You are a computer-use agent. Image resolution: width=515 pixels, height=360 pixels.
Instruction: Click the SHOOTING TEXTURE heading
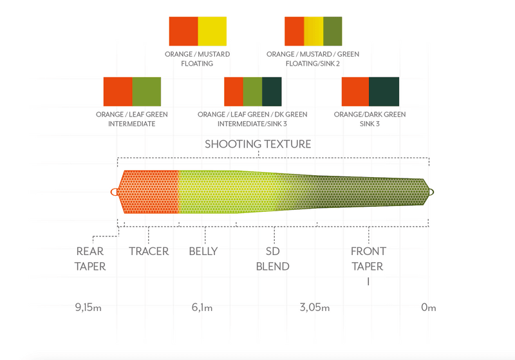pos(258,144)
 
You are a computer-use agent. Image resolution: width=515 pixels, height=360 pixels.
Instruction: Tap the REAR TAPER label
pos(90,259)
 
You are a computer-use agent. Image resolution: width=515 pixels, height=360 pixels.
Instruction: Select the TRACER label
pos(149,251)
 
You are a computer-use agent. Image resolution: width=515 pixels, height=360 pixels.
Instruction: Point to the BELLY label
pos(203,251)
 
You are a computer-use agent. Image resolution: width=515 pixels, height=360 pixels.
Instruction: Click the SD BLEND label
pos(272,259)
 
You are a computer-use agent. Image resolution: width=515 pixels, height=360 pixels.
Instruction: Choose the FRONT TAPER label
pos(368,259)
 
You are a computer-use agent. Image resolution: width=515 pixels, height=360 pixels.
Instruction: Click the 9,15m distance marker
pos(88,307)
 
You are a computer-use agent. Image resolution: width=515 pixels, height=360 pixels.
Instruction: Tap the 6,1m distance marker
pos(202,307)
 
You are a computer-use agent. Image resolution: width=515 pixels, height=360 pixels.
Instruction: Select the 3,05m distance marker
pos(315,307)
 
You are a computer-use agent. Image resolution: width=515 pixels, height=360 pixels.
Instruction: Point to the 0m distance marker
pos(429,307)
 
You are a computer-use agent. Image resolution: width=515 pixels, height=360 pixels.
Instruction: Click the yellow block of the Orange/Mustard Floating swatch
pos(212,31)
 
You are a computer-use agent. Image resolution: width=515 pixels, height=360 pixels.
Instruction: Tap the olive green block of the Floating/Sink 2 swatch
pos(333,31)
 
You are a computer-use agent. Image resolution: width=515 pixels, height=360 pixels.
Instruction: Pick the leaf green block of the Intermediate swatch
pos(147,91)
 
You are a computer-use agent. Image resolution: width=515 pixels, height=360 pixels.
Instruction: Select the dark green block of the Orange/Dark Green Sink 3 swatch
pos(384,91)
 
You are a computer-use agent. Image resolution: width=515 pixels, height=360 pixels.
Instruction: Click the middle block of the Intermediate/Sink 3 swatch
pos(252,91)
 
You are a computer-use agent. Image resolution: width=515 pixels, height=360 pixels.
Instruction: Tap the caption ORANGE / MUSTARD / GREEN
pos(313,54)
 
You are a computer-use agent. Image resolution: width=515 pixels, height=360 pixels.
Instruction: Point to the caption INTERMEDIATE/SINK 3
pos(252,124)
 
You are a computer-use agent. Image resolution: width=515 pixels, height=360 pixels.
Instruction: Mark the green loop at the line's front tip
pos(431,192)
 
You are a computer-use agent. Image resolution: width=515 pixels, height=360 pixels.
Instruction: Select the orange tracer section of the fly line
pos(150,192)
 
